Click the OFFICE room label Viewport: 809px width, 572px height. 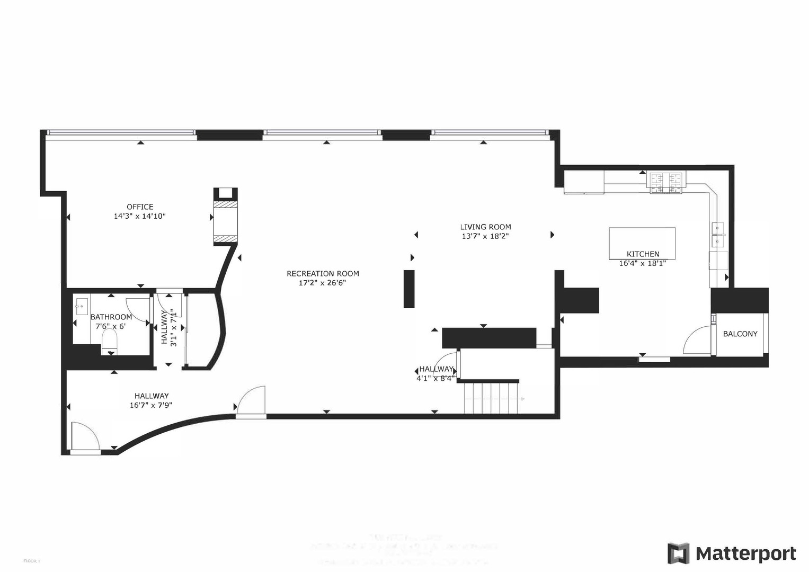(140, 207)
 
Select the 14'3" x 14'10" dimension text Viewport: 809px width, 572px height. (140, 216)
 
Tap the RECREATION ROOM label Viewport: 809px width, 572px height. (323, 274)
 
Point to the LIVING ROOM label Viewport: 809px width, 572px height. (485, 227)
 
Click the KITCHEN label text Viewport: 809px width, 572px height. (643, 254)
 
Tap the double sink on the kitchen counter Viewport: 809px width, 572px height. (719, 235)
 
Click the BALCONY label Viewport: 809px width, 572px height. (740, 334)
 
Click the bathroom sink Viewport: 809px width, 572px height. (81, 307)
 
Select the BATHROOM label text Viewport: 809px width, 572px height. (111, 317)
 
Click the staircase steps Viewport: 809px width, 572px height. (491, 398)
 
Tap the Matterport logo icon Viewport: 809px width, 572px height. (678, 553)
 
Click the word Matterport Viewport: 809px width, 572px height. (745, 554)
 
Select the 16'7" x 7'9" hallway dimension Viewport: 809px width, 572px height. (151, 405)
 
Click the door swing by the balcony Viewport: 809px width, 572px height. (698, 342)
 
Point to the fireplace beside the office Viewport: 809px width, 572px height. (225, 217)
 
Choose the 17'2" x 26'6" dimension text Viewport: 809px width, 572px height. (323, 283)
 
